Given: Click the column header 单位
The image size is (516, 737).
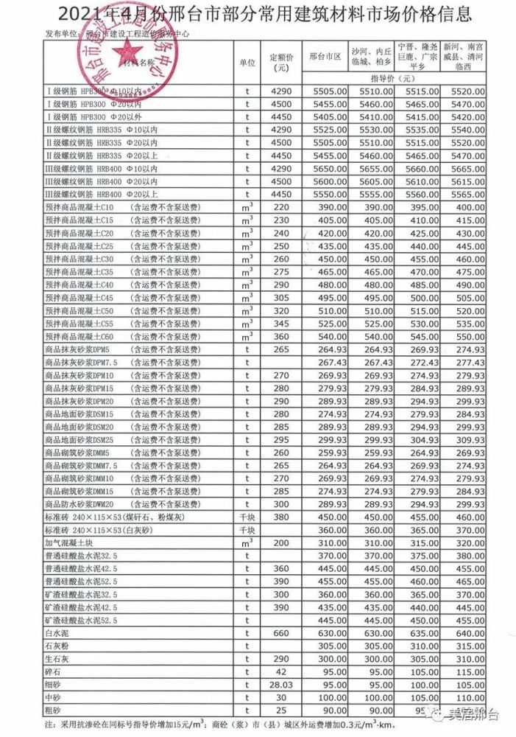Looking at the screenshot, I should (247, 63).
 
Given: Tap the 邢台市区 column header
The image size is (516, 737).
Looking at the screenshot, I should (325, 57).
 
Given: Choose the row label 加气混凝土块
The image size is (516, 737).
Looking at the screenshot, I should (70, 542).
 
